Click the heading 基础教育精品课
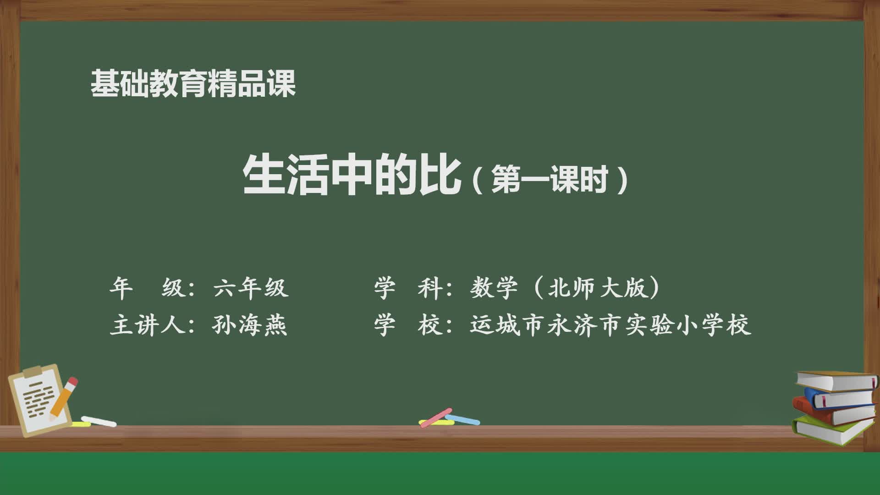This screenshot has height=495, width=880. (x=193, y=84)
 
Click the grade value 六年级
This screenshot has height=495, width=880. (x=251, y=288)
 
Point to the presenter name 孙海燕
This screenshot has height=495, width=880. (x=250, y=325)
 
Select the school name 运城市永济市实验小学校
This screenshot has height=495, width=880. (x=610, y=325)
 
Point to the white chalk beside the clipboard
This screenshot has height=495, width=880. (x=99, y=421)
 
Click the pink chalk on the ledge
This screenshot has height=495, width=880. (x=435, y=417)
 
